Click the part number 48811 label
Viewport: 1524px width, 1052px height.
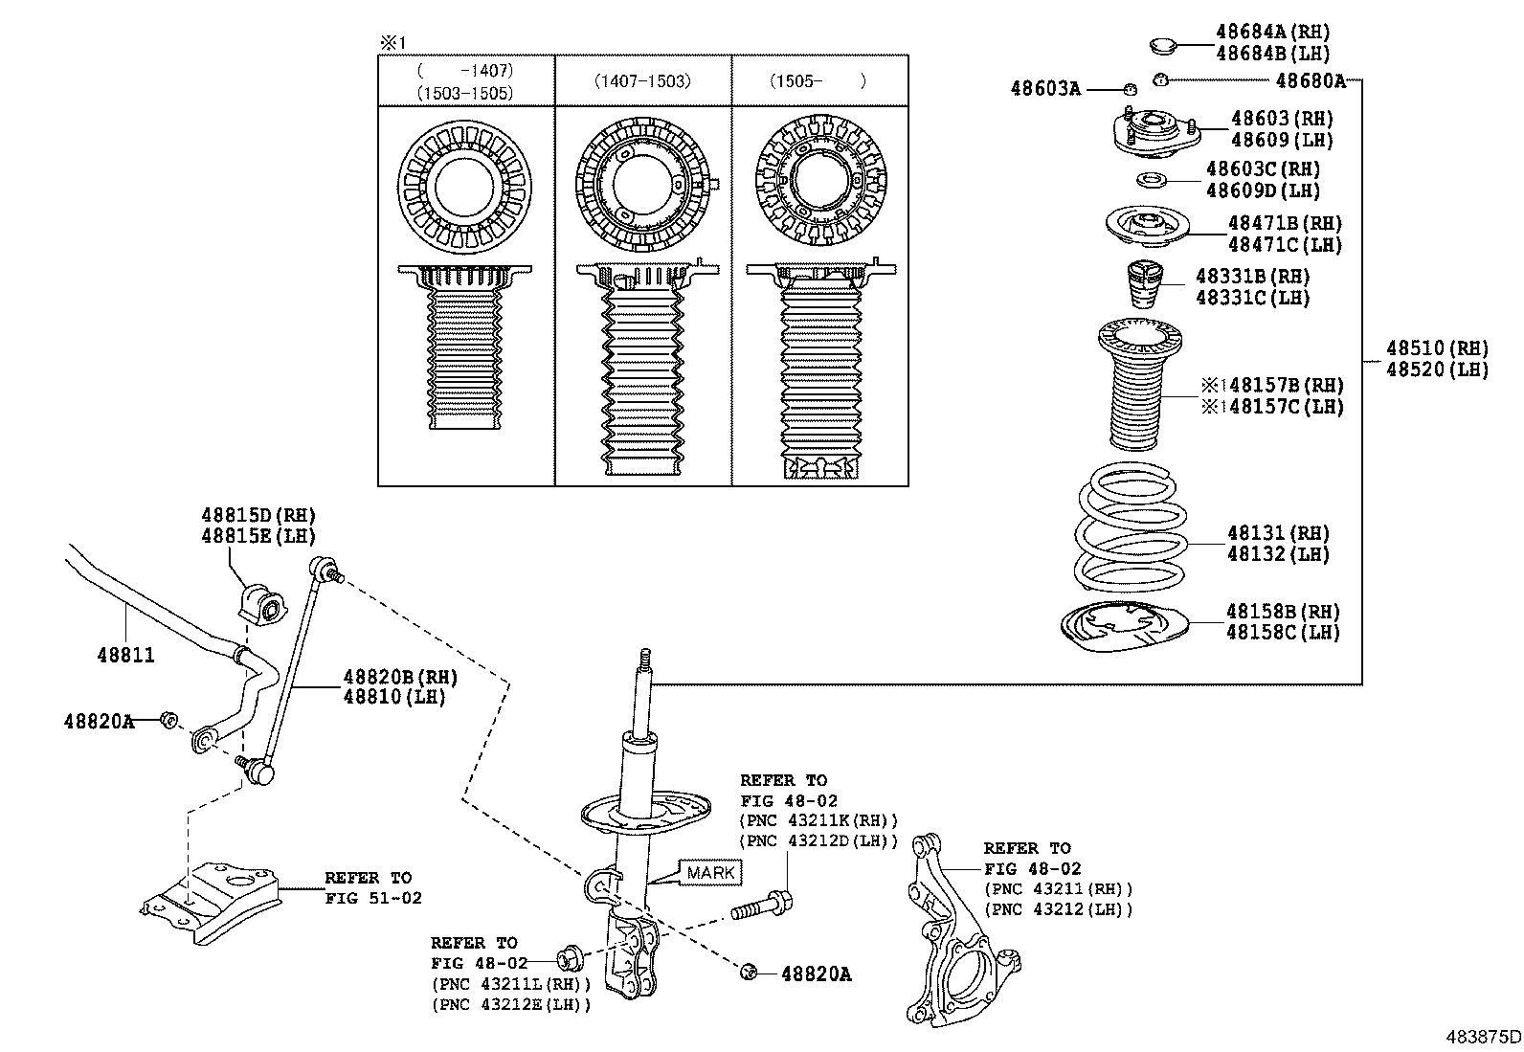coord(125,656)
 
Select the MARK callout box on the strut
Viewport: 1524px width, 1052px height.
coord(710,872)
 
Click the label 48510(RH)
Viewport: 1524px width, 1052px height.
coord(1437,348)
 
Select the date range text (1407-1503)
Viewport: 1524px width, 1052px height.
coord(642,81)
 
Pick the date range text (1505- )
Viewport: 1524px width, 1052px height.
coord(818,81)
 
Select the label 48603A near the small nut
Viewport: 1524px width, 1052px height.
coord(1045,89)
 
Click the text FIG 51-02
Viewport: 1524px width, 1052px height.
coord(372,898)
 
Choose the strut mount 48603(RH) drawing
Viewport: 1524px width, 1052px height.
coord(1156,134)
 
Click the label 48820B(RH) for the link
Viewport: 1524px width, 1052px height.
coord(400,678)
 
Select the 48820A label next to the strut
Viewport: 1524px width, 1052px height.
coord(816,974)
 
